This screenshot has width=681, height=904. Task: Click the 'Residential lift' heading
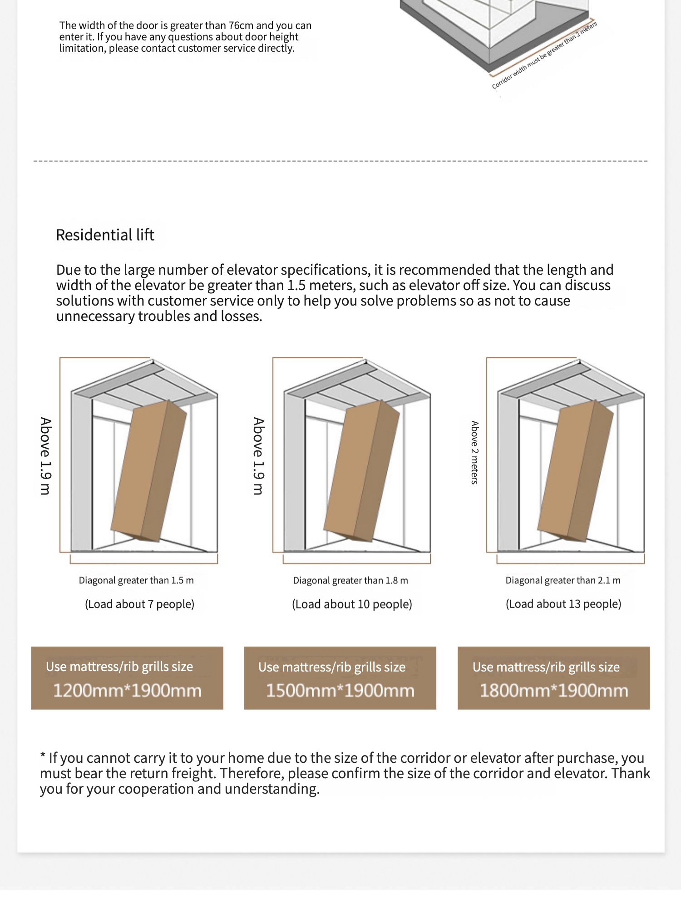point(105,235)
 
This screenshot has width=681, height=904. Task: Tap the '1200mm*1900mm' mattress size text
point(127,691)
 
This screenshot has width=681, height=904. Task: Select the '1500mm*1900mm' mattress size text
point(340,691)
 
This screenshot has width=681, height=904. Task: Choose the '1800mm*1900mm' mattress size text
point(554,691)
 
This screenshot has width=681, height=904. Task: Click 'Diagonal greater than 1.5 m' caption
point(136,580)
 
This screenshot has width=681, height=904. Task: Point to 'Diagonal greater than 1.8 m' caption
point(350,580)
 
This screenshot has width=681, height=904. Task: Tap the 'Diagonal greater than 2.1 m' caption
point(563,580)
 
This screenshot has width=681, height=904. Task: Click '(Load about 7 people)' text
point(139,604)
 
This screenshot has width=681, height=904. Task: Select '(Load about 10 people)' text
point(352,604)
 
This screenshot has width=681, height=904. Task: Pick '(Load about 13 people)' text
point(563,604)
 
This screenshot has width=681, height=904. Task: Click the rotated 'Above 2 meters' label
point(474,452)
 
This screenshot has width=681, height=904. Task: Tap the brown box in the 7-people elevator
point(149,470)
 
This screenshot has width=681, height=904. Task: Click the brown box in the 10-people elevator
point(362,470)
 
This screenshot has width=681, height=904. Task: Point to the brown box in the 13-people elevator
point(575,470)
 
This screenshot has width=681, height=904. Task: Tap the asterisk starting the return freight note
point(43,757)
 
